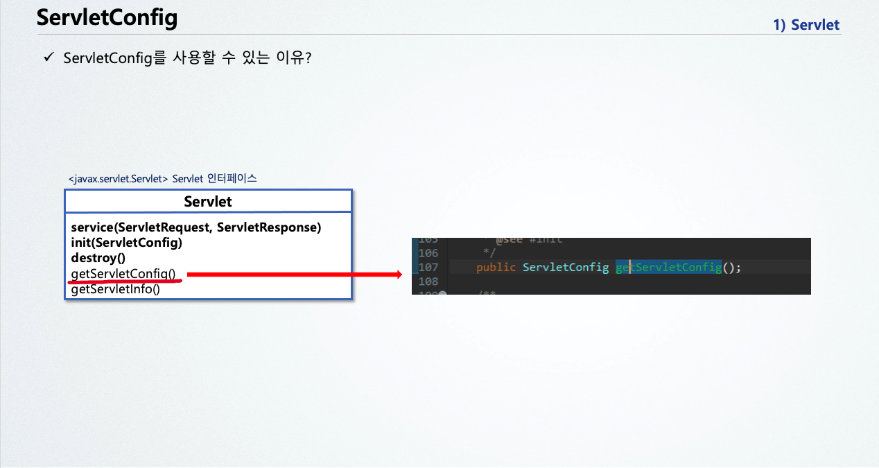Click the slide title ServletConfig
coord(107,18)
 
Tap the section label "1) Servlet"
coord(806,26)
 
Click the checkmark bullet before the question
coord(48,58)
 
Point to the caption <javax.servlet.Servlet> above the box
coord(118,179)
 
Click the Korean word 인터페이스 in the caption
coord(232,178)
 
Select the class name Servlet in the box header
coord(208,202)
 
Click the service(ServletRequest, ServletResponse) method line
coord(196,228)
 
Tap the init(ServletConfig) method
coord(126,243)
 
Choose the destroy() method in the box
coord(98,259)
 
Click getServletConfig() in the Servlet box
coord(123,274)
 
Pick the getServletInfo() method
coord(115,289)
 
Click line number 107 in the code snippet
coord(428,268)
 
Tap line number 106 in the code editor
coord(428,253)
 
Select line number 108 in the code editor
coord(428,281)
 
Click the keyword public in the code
coord(496,268)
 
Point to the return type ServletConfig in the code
coord(566,268)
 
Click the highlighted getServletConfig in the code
coord(668,268)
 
